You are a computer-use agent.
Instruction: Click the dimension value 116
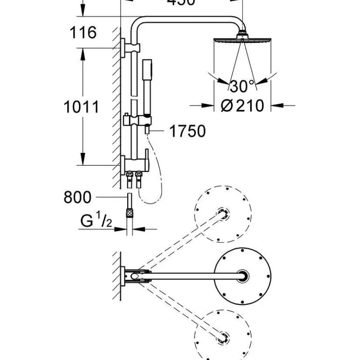point(83,33)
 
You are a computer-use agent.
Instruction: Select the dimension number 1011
point(82,107)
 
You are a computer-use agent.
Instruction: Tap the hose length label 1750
point(187,131)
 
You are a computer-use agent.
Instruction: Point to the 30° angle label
point(242,86)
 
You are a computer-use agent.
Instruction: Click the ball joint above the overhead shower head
point(242,34)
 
